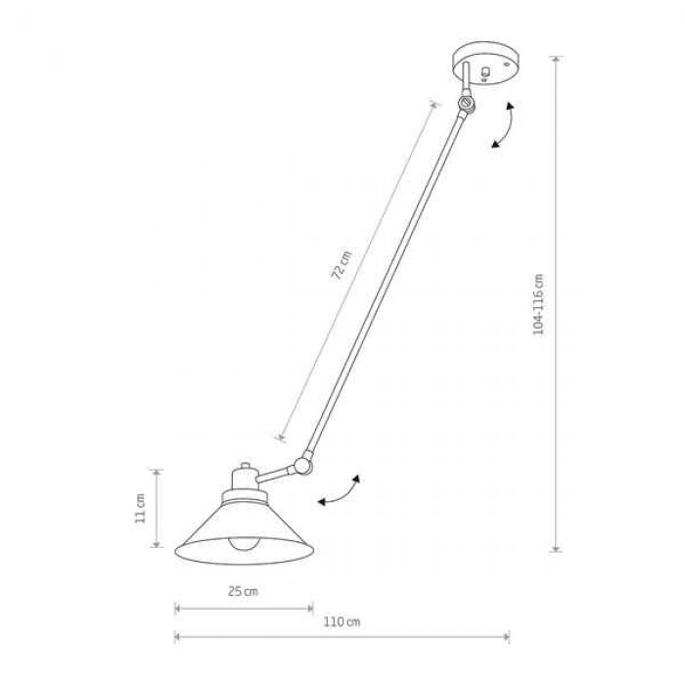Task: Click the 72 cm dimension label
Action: (342, 265)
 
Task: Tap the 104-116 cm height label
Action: (538, 304)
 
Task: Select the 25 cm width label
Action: (243, 591)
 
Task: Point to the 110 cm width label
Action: (342, 621)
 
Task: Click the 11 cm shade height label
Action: (139, 508)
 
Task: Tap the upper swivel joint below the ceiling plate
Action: (467, 103)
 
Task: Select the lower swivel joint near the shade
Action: (302, 465)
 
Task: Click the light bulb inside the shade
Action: (244, 544)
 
